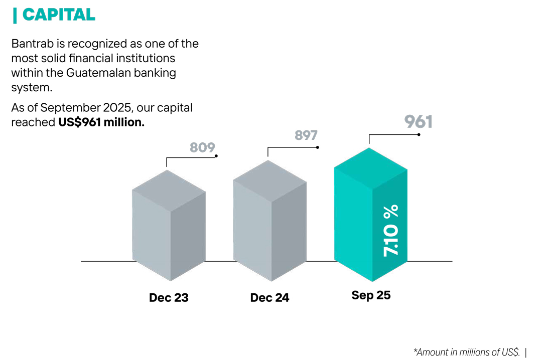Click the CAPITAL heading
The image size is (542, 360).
coord(59,15)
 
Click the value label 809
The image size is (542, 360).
coord(202,147)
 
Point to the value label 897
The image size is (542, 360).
coord(306,135)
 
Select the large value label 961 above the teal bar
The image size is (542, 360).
coord(418,122)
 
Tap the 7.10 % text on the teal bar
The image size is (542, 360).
coord(391,231)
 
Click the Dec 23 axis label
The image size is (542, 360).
coord(169,298)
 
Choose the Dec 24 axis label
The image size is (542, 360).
coord(269,298)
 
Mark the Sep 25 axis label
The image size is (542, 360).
coord(371,295)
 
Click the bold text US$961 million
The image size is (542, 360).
coord(101,122)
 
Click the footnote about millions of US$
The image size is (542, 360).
coord(466,352)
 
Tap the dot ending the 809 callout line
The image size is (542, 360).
coord(216,156)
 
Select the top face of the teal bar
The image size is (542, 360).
coord(370,169)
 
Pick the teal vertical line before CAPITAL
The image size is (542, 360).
coord(15,15)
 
